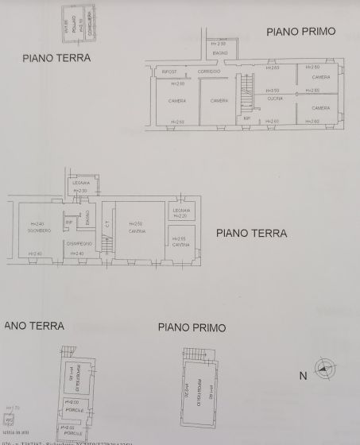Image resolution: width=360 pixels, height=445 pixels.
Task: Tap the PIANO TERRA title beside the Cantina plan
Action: tap(251, 234)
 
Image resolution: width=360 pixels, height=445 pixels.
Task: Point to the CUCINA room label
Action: tap(274, 97)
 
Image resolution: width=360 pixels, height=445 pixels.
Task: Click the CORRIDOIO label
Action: tap(209, 72)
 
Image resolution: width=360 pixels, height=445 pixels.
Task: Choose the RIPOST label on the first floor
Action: tap(169, 72)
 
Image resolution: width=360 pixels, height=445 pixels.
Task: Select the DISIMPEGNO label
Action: tap(79, 243)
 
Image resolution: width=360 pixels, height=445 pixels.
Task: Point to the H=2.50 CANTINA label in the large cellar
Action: tap(137, 227)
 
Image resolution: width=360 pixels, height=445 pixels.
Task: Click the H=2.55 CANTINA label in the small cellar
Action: tap(182, 242)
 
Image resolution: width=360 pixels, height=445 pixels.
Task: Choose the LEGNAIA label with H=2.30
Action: tap(79, 186)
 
